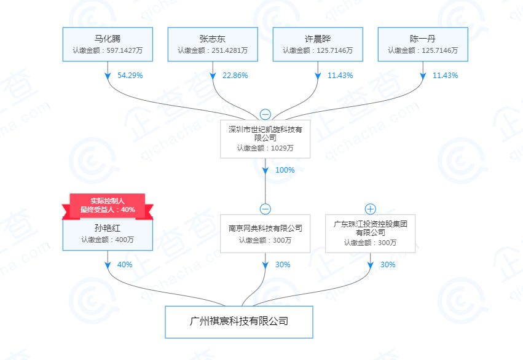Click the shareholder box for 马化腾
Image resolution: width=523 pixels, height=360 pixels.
click(108, 44)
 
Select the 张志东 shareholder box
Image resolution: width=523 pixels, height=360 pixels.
click(213, 44)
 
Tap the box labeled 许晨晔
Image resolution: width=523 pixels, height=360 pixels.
click(318, 44)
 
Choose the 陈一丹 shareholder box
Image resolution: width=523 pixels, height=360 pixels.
click(423, 44)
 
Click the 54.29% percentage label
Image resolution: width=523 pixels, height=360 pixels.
click(130, 76)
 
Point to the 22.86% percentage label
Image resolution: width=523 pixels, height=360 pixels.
click(235, 76)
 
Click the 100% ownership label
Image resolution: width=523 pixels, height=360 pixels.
click(285, 170)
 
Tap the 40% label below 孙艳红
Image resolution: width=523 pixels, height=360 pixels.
click(125, 265)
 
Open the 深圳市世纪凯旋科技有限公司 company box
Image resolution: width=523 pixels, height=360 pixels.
click(265, 139)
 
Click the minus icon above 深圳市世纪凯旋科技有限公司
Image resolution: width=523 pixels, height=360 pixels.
click(265, 114)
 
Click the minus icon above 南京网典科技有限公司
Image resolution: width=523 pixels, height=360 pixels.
click(265, 209)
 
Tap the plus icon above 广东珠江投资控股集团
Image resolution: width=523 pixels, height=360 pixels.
click(371, 209)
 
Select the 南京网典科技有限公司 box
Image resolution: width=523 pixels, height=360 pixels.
click(265, 233)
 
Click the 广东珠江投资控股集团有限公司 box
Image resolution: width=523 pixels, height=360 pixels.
click(371, 233)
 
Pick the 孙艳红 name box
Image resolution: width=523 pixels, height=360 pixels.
click(108, 234)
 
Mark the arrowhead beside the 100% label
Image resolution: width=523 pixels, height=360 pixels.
click(265, 170)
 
